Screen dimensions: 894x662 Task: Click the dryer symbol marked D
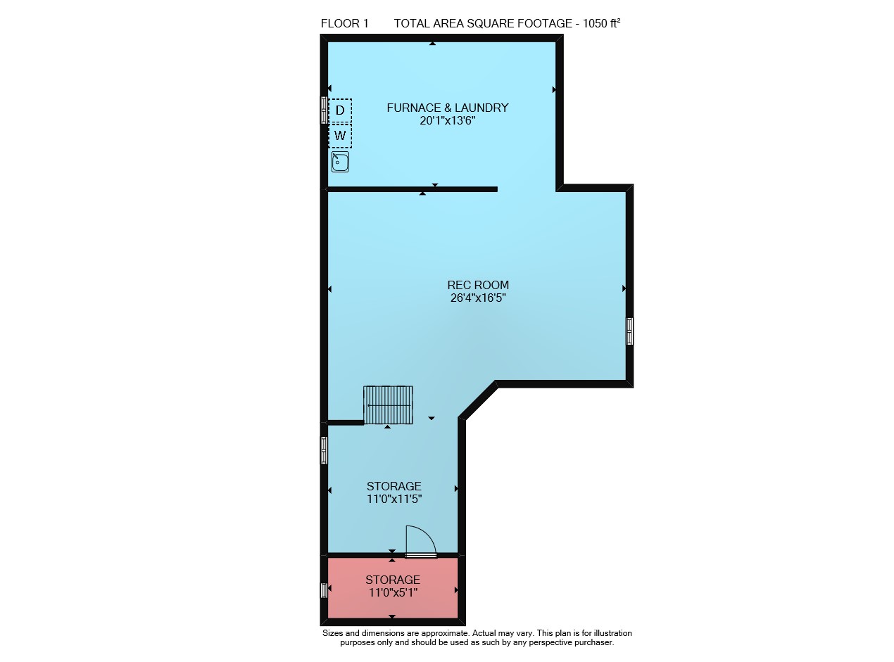340,110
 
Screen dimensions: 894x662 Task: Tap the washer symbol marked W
340,136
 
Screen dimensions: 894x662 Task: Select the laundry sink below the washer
340,162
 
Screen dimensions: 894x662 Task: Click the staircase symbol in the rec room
388,405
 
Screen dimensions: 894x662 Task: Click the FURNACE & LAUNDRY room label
448,108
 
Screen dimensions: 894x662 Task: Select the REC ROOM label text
478,285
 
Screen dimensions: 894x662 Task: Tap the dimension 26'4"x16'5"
478,298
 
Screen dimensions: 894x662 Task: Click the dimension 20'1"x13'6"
448,121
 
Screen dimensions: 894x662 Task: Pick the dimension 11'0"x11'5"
394,499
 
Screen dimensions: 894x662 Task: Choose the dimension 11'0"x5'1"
393,593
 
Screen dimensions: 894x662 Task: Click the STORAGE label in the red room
393,580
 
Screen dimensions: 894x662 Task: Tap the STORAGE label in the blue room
394,486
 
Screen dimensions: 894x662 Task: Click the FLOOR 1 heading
345,24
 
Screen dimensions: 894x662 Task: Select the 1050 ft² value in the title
601,23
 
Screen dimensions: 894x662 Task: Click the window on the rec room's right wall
629,331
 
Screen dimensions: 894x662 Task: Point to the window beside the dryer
324,110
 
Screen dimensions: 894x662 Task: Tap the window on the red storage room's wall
323,590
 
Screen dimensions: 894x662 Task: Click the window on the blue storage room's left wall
324,450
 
